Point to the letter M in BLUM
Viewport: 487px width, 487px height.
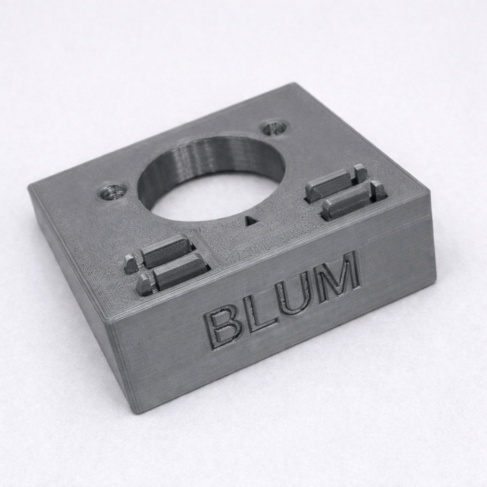click(x=338, y=277)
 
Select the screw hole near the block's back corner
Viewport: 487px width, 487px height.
click(x=274, y=127)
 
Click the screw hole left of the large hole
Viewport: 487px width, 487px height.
click(x=113, y=192)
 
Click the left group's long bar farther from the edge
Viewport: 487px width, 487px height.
click(x=167, y=250)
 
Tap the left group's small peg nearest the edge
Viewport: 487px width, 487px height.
click(x=144, y=285)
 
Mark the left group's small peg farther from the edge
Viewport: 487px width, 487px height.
click(x=130, y=264)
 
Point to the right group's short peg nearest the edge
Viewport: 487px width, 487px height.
click(x=379, y=190)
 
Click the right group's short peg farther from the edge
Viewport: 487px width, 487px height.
click(x=360, y=173)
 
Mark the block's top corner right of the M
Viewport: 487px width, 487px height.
click(x=429, y=192)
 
